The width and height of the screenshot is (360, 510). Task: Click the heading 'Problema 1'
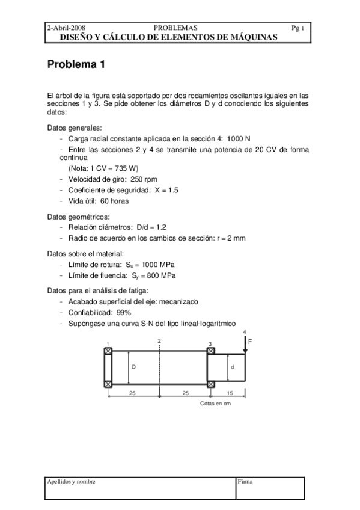coord(76,66)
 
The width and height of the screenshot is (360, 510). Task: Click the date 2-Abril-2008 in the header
coord(67,28)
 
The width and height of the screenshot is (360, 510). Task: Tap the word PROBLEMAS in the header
coord(175,28)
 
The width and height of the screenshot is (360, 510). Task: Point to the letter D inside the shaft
coord(133,366)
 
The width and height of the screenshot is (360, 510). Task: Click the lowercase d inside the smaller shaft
coord(233,366)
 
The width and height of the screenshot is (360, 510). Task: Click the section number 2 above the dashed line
coord(159,341)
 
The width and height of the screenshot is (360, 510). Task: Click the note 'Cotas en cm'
coord(215,404)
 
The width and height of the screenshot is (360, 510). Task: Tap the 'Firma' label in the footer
coord(245,481)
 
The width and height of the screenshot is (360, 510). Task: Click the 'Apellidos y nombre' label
coord(72,481)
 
